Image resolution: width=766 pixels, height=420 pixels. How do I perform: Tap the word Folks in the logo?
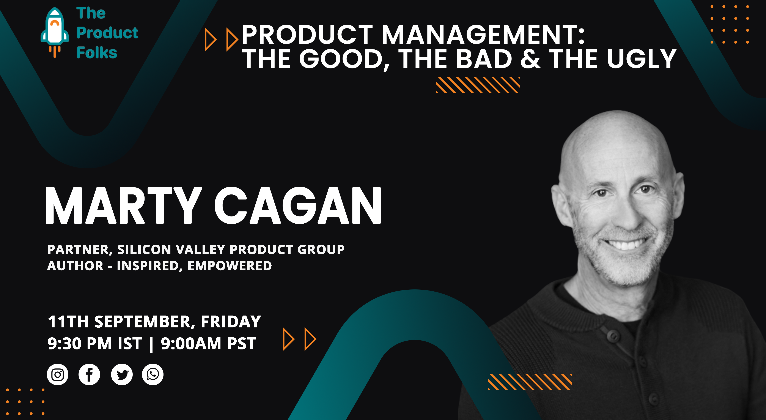pyautogui.click(x=97, y=53)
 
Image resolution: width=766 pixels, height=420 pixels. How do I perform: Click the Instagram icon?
pyautogui.click(x=57, y=374)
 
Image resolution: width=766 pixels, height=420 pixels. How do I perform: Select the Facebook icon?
pyautogui.click(x=89, y=374)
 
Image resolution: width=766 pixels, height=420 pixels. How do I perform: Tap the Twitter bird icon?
pyautogui.click(x=122, y=374)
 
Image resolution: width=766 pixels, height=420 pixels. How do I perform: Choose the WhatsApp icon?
pyautogui.click(x=153, y=374)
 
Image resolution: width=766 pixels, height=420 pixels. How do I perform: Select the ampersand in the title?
pyautogui.click(x=530, y=59)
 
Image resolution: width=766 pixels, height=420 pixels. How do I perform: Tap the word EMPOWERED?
pyautogui.click(x=230, y=266)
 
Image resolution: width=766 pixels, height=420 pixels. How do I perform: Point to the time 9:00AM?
pyautogui.click(x=191, y=344)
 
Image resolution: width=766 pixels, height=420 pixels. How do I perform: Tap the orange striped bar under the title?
pyautogui.click(x=478, y=85)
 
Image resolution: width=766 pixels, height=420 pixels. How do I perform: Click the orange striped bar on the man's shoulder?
pyautogui.click(x=530, y=382)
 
